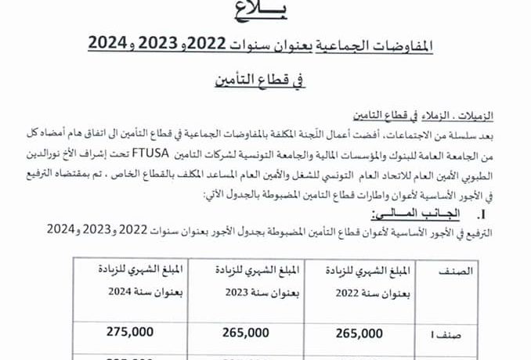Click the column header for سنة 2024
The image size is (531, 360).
click(x=134, y=279)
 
